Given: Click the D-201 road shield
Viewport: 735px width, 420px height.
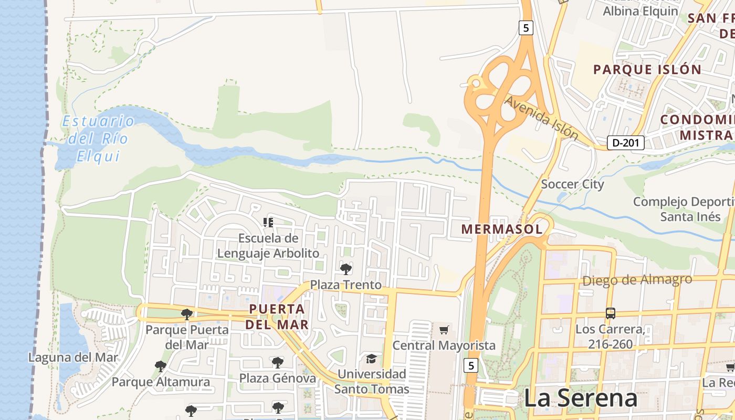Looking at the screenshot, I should click(x=625, y=142).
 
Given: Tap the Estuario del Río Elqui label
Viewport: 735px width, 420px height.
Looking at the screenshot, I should click(x=98, y=138).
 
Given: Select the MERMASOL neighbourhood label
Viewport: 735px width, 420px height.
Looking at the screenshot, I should click(x=501, y=229).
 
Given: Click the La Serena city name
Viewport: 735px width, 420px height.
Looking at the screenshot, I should click(x=581, y=398).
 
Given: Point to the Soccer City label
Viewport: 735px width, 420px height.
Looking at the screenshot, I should click(x=572, y=184).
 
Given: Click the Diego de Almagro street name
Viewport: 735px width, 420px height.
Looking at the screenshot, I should click(x=637, y=280).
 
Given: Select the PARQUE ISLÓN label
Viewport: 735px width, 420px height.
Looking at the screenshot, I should click(x=647, y=69).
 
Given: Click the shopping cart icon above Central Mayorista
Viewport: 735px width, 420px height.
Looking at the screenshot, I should click(x=444, y=330).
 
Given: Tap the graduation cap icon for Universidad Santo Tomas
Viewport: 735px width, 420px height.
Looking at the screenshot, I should click(x=371, y=359).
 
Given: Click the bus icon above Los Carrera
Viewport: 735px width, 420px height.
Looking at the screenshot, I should click(x=610, y=313).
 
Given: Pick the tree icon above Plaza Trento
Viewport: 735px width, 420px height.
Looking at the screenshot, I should click(x=345, y=269).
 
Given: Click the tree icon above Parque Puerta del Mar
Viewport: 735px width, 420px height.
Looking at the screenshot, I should click(x=186, y=314).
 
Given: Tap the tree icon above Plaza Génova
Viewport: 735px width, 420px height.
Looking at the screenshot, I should click(x=277, y=362).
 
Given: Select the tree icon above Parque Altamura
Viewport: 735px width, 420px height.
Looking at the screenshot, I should click(x=161, y=366).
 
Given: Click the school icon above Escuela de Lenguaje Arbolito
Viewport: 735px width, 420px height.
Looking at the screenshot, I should click(x=268, y=223).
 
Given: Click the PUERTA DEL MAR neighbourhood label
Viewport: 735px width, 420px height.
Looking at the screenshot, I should click(x=277, y=317).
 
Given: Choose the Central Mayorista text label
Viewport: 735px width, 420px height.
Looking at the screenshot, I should click(x=444, y=345).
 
